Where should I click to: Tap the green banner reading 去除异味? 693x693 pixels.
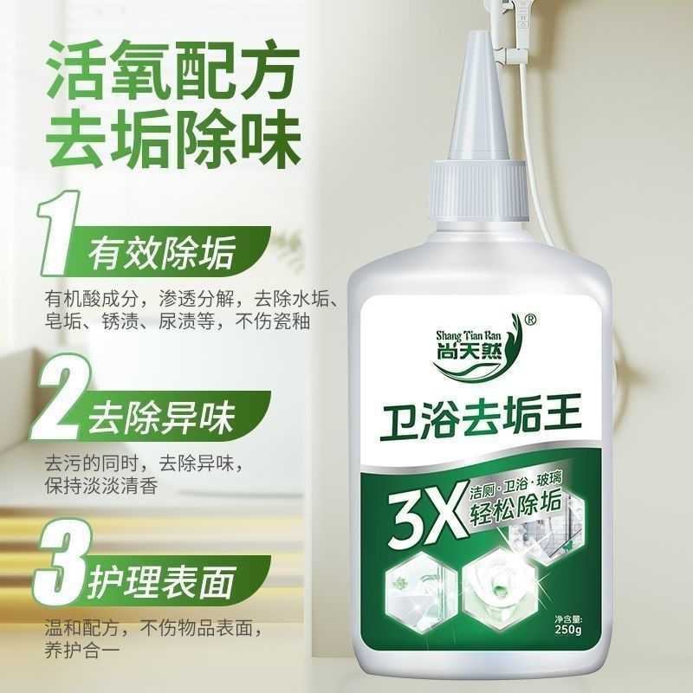click(x=160, y=421)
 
